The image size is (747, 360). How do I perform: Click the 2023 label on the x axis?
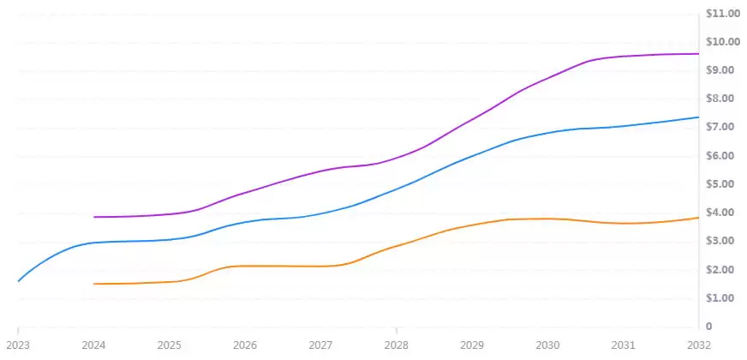(18, 345)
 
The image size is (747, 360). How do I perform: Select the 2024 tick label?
(93, 345)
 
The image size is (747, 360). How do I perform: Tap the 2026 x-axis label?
(245, 345)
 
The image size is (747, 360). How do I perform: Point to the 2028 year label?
(396, 345)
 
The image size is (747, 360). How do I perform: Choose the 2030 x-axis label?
(547, 345)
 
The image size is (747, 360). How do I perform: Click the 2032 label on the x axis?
(698, 345)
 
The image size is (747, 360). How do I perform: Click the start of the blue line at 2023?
(18, 280)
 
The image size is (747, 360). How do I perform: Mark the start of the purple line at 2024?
(93, 217)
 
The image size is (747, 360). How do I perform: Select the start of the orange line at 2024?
(93, 284)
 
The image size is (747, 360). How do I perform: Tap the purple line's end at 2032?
(698, 54)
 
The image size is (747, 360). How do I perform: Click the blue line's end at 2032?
(698, 117)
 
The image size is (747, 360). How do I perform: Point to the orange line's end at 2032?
(698, 218)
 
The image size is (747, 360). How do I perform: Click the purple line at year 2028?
(396, 158)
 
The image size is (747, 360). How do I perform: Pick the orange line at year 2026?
(245, 266)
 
